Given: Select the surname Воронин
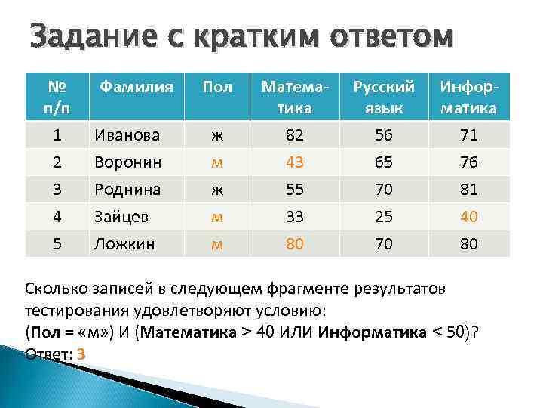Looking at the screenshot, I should [127, 162].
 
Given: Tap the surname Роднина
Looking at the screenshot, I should [127, 190].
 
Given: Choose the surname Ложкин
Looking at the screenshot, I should [124, 244].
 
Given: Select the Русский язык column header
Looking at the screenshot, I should [385, 97].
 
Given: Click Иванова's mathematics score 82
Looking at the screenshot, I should [296, 136].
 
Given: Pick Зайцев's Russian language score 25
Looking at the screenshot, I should [385, 217].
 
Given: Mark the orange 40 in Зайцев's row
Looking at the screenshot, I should [468, 217].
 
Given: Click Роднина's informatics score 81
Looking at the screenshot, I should [468, 190].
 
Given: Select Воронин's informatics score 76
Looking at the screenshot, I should [468, 162].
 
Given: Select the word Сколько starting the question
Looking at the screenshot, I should [56, 290].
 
